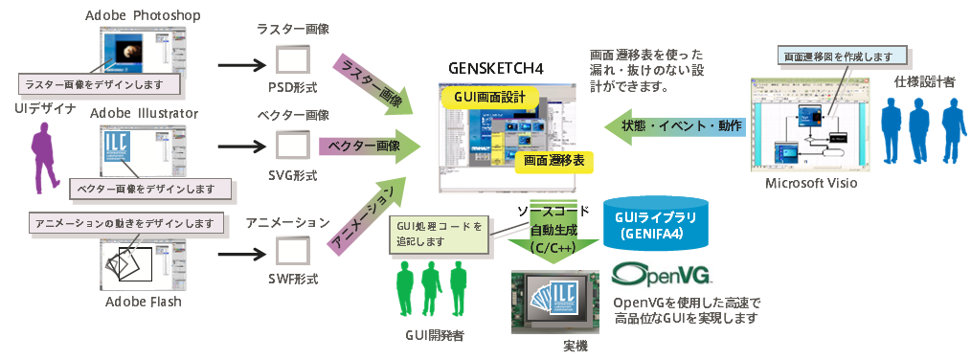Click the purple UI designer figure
[x=43, y=160]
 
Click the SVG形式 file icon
[x=293, y=146]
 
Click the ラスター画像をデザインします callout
[x=102, y=83]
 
